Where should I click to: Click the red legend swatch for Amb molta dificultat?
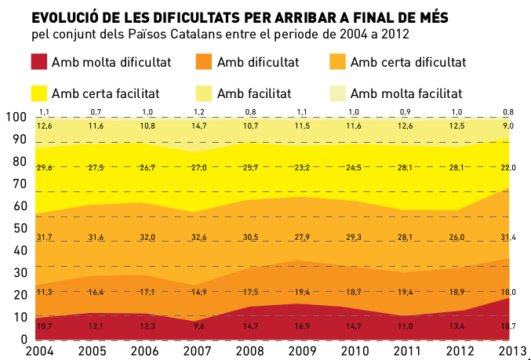click(x=38, y=62)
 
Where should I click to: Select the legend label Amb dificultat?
click(x=257, y=62)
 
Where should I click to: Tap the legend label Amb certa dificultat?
click(x=408, y=62)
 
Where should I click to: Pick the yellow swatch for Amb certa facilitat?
click(x=38, y=93)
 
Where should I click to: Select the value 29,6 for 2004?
click(x=45, y=167)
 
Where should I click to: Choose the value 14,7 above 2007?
click(x=198, y=125)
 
